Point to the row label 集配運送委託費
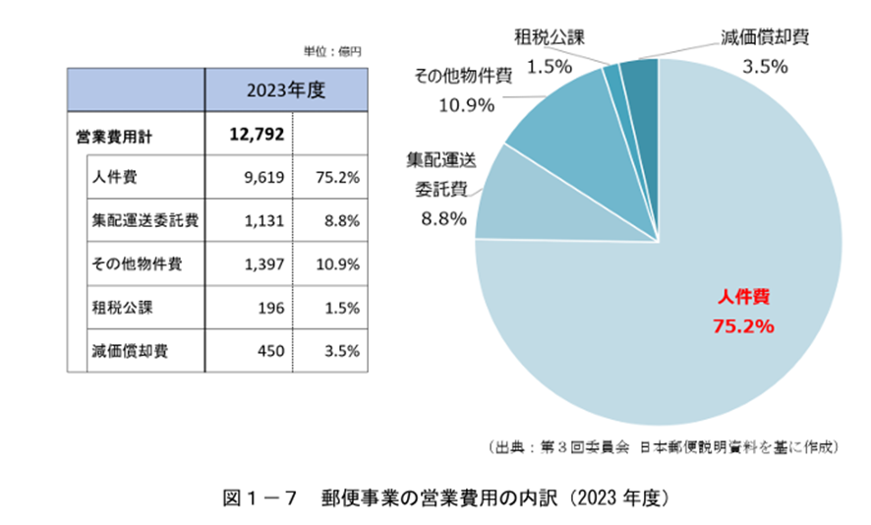click(145, 222)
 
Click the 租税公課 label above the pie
click(550, 40)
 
